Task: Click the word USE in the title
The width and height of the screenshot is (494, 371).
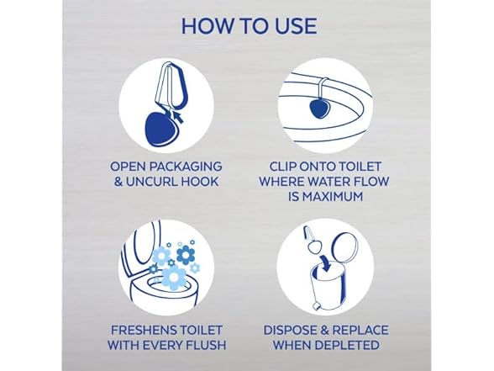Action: pos(291,25)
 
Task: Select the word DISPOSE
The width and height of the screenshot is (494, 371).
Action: pos(292,330)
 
